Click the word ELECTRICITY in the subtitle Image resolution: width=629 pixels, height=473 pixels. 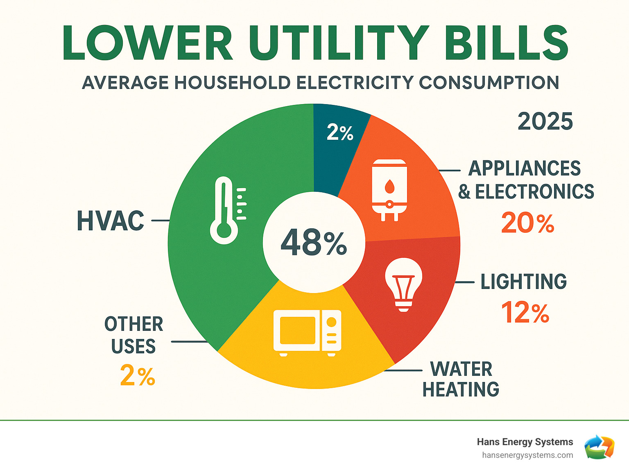pos(355,83)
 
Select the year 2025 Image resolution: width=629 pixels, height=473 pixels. pos(545,122)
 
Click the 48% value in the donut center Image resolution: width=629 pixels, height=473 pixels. pos(314,243)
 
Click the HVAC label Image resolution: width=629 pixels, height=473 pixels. pos(111,221)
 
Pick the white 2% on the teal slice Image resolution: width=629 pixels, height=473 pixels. pos(340,133)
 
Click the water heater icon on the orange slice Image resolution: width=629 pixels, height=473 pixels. pos(389,190)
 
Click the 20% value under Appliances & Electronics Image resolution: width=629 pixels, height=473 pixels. pos(527,223)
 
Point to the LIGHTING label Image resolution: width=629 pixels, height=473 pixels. pos(523,282)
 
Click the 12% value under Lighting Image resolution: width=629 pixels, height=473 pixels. pos(525,313)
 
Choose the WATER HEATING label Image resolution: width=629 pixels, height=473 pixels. pos(461,379)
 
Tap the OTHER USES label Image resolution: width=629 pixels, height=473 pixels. pos(134,335)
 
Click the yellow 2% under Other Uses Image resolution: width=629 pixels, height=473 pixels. pos(138,375)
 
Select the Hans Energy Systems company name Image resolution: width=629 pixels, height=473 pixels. pos(525,442)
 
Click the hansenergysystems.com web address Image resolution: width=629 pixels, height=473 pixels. pos(527,455)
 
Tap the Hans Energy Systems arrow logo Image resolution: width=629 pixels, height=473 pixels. pos(599,447)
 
